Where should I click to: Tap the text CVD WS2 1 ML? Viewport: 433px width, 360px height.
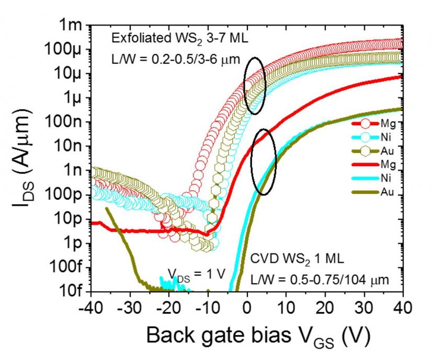pyautogui.click(x=291, y=259)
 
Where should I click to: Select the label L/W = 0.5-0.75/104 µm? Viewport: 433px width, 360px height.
pyautogui.click(x=318, y=280)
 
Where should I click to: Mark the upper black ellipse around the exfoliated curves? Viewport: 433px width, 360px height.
pyautogui.click(x=255, y=85)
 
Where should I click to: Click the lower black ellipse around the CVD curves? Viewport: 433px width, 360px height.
pyautogui.click(x=263, y=162)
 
